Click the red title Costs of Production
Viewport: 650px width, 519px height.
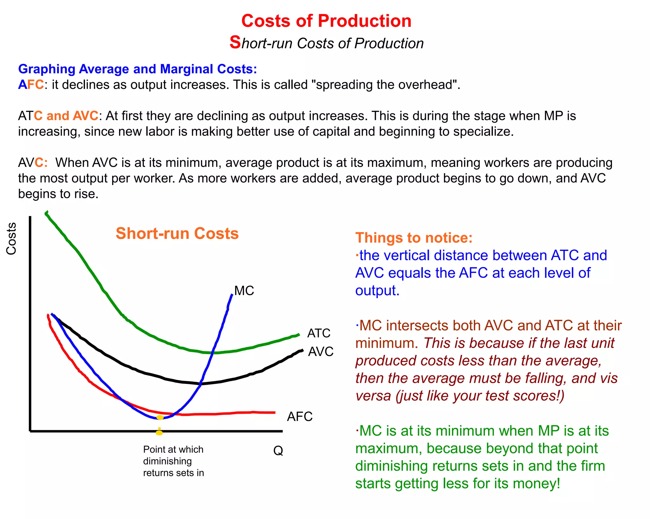(326, 21)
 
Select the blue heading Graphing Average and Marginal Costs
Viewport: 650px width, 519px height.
(137, 69)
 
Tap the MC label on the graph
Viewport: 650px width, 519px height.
(244, 291)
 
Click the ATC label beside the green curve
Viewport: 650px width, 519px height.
(319, 333)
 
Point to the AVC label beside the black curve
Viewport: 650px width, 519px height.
(321, 351)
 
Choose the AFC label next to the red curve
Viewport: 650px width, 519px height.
(300, 416)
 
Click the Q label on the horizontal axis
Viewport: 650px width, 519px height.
(278, 450)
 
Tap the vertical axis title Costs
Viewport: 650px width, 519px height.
(11, 239)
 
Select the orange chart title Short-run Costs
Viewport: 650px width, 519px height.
(177, 233)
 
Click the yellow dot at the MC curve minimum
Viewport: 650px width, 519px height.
(160, 417)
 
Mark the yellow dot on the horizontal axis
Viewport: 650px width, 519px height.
(159, 432)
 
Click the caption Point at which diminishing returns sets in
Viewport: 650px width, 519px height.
(173, 461)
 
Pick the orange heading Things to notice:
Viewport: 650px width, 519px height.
(414, 238)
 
